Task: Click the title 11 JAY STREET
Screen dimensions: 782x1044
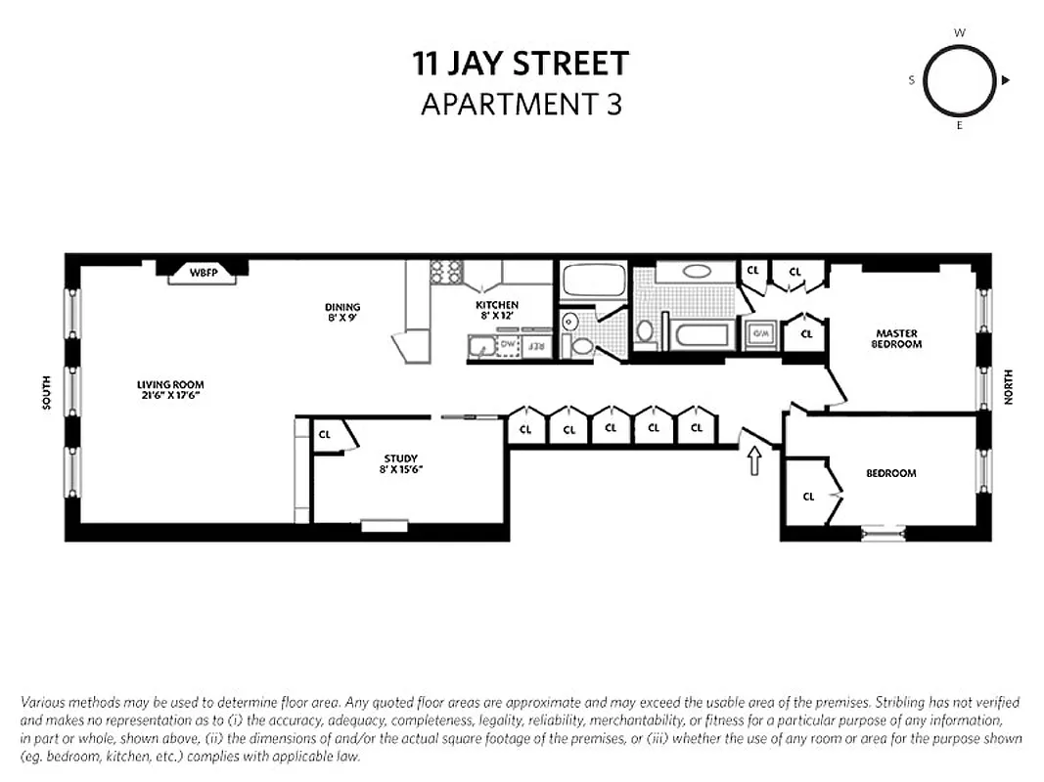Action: tap(521, 65)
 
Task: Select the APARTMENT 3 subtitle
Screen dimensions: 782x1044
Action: tap(521, 104)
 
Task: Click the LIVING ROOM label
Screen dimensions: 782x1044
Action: tap(170, 390)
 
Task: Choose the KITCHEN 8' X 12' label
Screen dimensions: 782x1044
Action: tap(496, 310)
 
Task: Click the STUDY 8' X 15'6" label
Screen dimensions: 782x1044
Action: tap(401, 463)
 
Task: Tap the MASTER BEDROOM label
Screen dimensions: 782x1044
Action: tap(898, 339)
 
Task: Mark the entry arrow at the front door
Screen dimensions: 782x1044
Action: tap(754, 460)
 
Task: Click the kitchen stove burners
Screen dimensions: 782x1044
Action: tap(445, 271)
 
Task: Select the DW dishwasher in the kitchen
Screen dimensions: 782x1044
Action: tap(508, 345)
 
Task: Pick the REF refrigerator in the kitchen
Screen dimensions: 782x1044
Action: tap(535, 346)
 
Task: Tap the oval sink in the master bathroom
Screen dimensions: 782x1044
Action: tap(697, 272)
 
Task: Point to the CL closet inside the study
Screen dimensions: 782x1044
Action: tap(325, 434)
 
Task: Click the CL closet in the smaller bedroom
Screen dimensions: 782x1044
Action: tap(808, 497)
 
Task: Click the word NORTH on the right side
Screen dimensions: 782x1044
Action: tap(1007, 387)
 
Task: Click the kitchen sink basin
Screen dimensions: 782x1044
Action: tap(480, 345)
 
